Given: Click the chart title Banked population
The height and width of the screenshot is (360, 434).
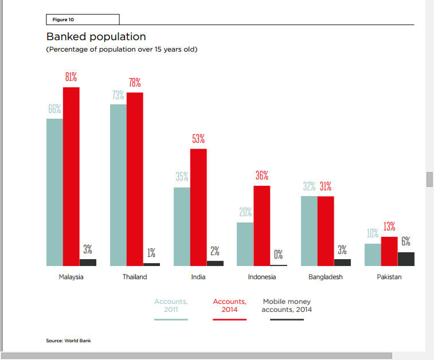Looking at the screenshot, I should [96, 37].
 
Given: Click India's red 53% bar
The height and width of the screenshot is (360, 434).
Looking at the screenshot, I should [198, 207].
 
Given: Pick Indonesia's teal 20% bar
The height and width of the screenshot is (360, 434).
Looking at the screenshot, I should [245, 244].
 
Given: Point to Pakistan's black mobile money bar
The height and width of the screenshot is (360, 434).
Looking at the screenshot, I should [406, 259].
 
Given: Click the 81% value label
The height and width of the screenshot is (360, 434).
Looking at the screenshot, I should [71, 77].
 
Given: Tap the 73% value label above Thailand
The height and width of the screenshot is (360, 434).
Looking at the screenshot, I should [118, 95].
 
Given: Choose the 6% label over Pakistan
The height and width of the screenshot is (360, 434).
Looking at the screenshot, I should [406, 242].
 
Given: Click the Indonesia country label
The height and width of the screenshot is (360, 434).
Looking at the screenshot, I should [262, 277].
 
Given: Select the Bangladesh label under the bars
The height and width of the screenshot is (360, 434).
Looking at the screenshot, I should [326, 277].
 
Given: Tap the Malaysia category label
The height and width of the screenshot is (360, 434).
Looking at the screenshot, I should [71, 277].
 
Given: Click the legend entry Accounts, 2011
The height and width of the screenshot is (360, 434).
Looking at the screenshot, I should [171, 306].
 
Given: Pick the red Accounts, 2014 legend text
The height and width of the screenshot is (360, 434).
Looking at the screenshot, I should [229, 306].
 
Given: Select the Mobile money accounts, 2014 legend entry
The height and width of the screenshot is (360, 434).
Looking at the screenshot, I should [287, 306].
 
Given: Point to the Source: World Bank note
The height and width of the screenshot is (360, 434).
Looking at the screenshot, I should [68, 341].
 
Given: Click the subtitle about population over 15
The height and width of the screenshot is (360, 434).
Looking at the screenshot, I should [122, 50].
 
